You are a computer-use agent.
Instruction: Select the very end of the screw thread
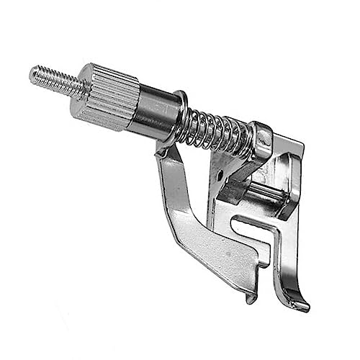33,72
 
